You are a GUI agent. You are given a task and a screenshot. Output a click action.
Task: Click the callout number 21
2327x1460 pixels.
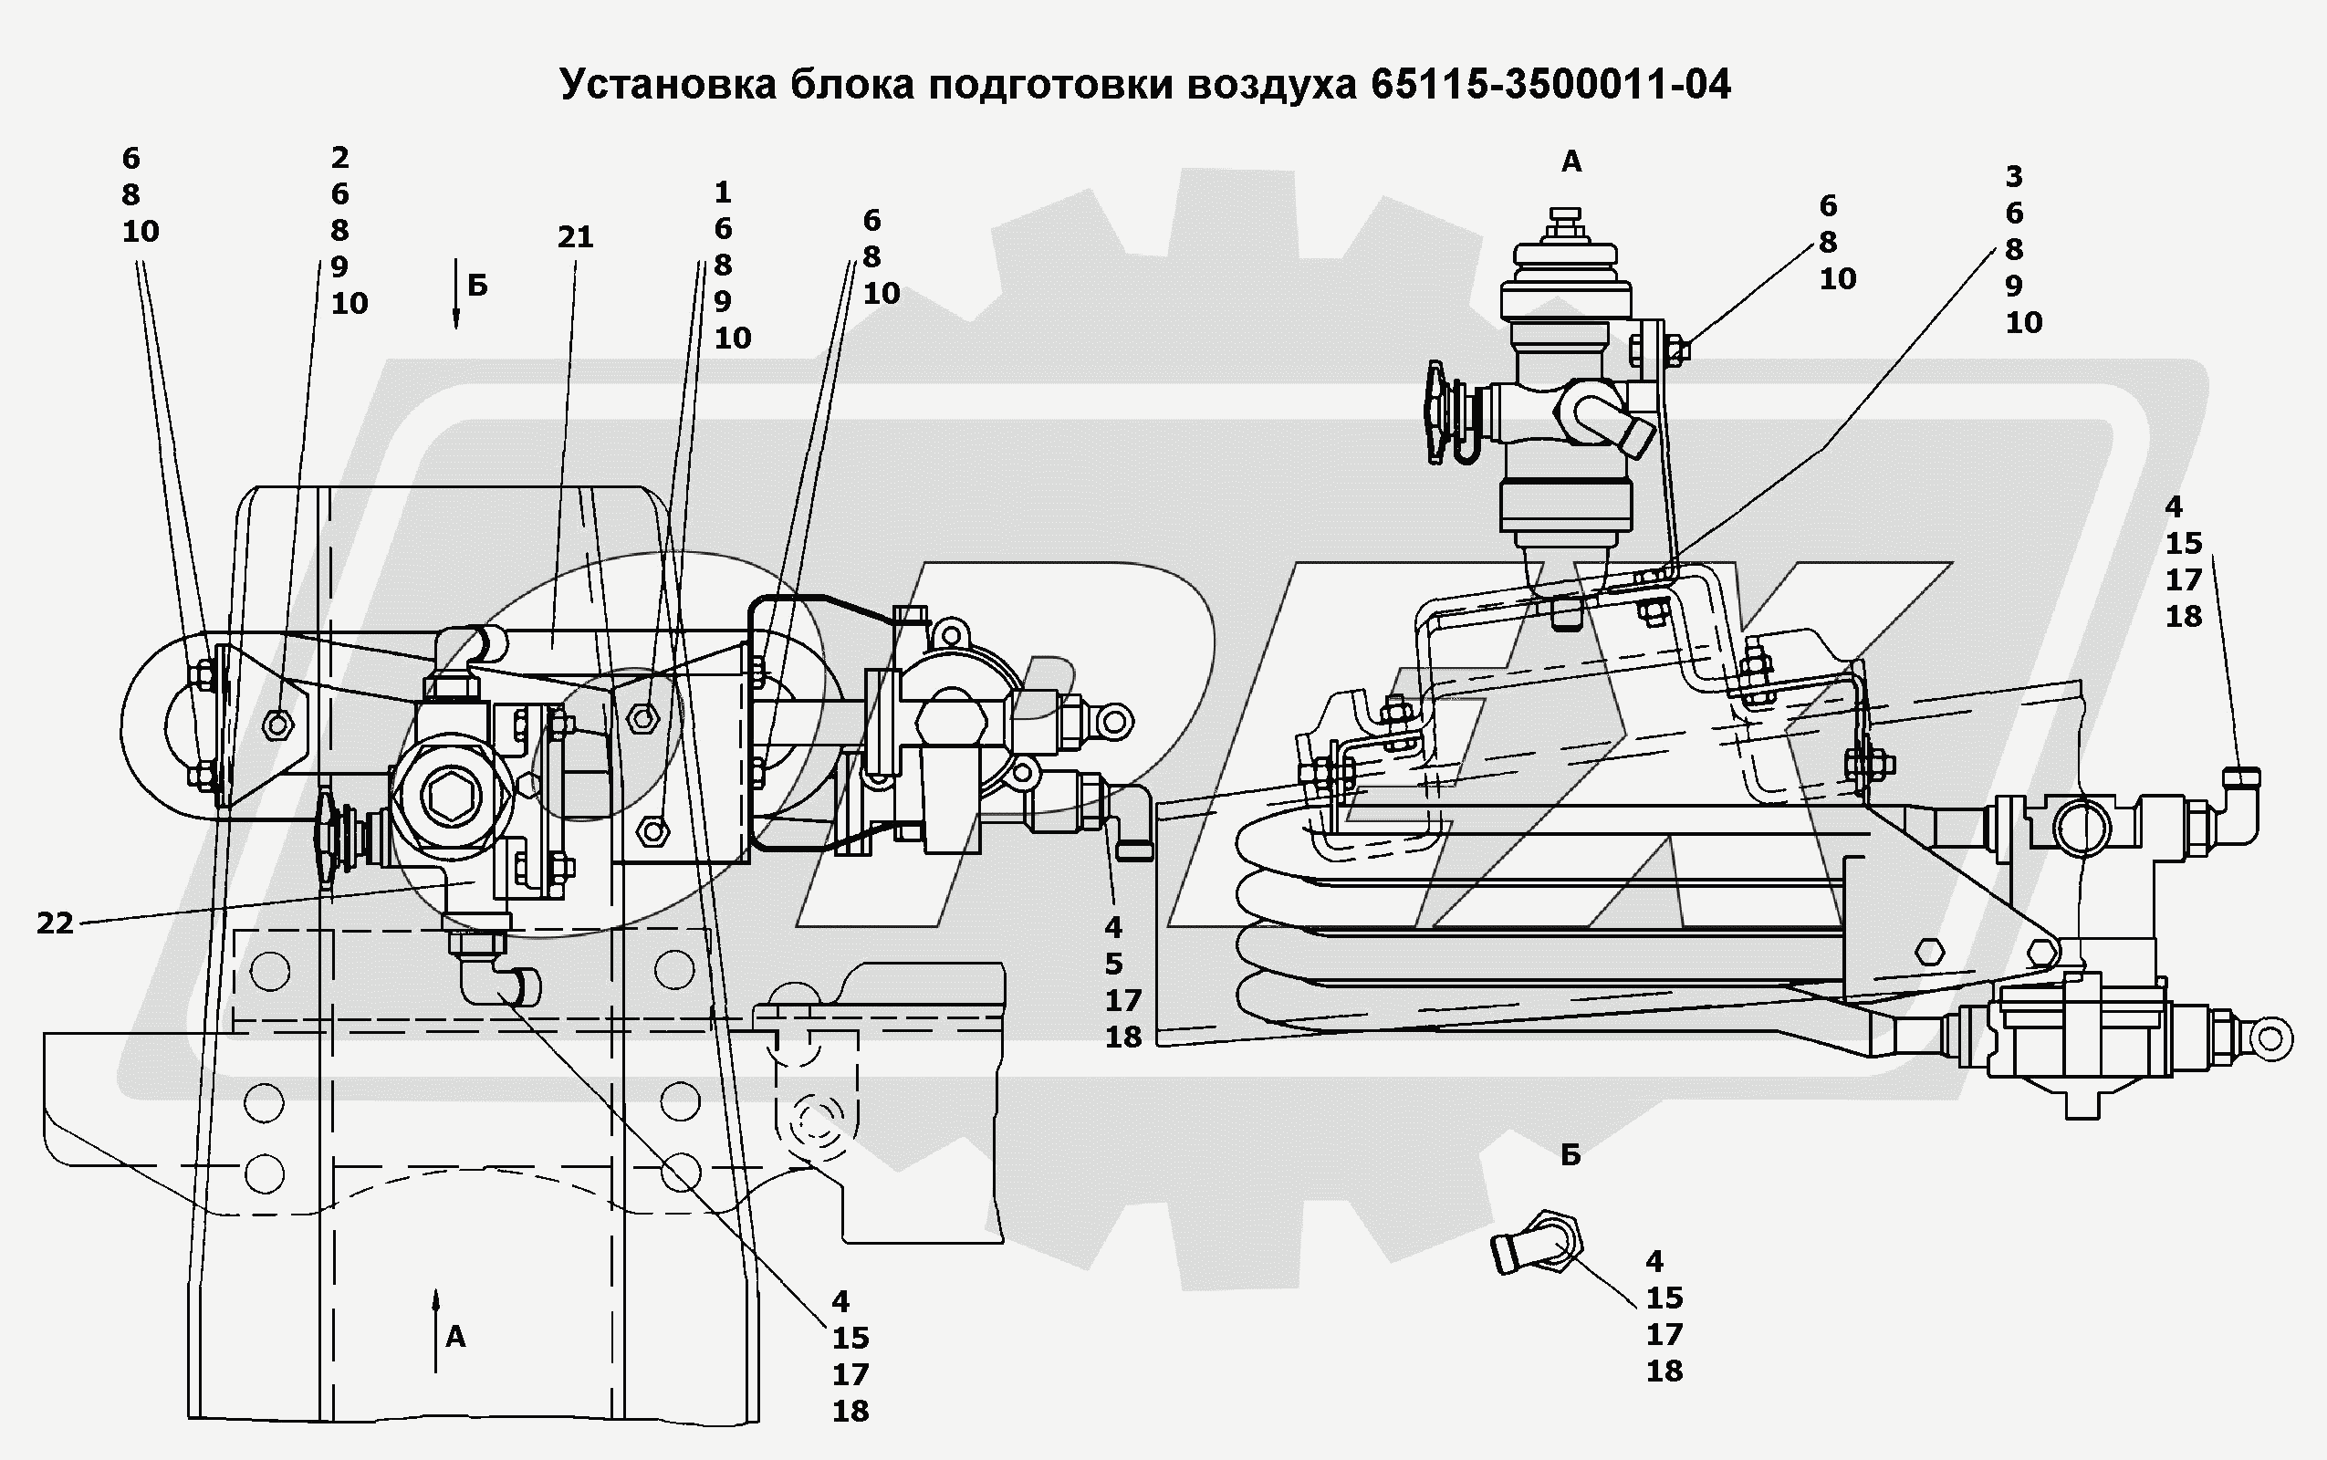tap(575, 236)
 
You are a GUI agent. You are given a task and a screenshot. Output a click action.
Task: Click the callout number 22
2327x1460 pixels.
tap(55, 923)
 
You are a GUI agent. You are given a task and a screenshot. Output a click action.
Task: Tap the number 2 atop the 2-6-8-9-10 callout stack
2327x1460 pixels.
tap(339, 157)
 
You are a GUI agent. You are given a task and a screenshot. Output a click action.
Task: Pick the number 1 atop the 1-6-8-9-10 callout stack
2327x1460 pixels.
tap(722, 193)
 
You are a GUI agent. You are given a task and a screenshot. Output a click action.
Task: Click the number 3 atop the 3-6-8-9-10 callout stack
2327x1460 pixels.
tap(2014, 177)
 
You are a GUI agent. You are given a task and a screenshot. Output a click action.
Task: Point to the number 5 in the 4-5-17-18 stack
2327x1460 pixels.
tap(1114, 964)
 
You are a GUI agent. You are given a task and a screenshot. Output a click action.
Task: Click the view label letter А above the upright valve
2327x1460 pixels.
tap(1571, 162)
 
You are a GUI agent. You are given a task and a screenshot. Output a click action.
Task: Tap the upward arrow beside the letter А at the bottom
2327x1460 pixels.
tap(436, 1328)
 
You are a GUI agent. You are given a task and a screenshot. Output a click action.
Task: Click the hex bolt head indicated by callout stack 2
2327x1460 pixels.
tap(278, 724)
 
